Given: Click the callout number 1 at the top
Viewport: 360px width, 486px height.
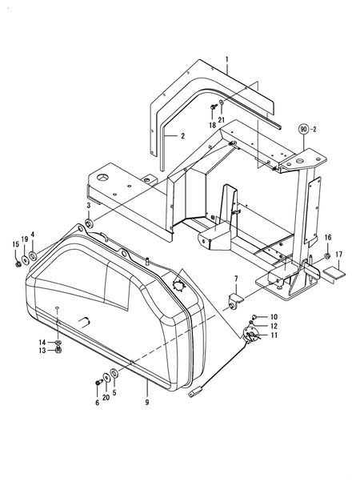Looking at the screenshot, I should tap(227, 60).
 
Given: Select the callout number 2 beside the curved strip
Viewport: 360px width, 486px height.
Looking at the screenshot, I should tap(182, 136).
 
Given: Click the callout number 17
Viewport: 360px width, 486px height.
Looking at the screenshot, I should tap(339, 255).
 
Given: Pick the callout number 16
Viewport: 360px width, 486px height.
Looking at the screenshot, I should tap(328, 238).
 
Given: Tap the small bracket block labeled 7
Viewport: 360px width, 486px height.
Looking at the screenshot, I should tap(235, 302).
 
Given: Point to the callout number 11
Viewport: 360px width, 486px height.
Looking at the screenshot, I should tap(274, 335).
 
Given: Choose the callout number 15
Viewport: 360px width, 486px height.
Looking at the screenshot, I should tap(16, 244).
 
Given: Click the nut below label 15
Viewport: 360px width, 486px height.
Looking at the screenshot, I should tap(17, 262).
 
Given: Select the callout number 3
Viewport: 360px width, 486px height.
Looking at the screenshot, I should tap(88, 206).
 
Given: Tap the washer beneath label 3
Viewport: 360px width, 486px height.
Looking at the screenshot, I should tap(88, 222).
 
